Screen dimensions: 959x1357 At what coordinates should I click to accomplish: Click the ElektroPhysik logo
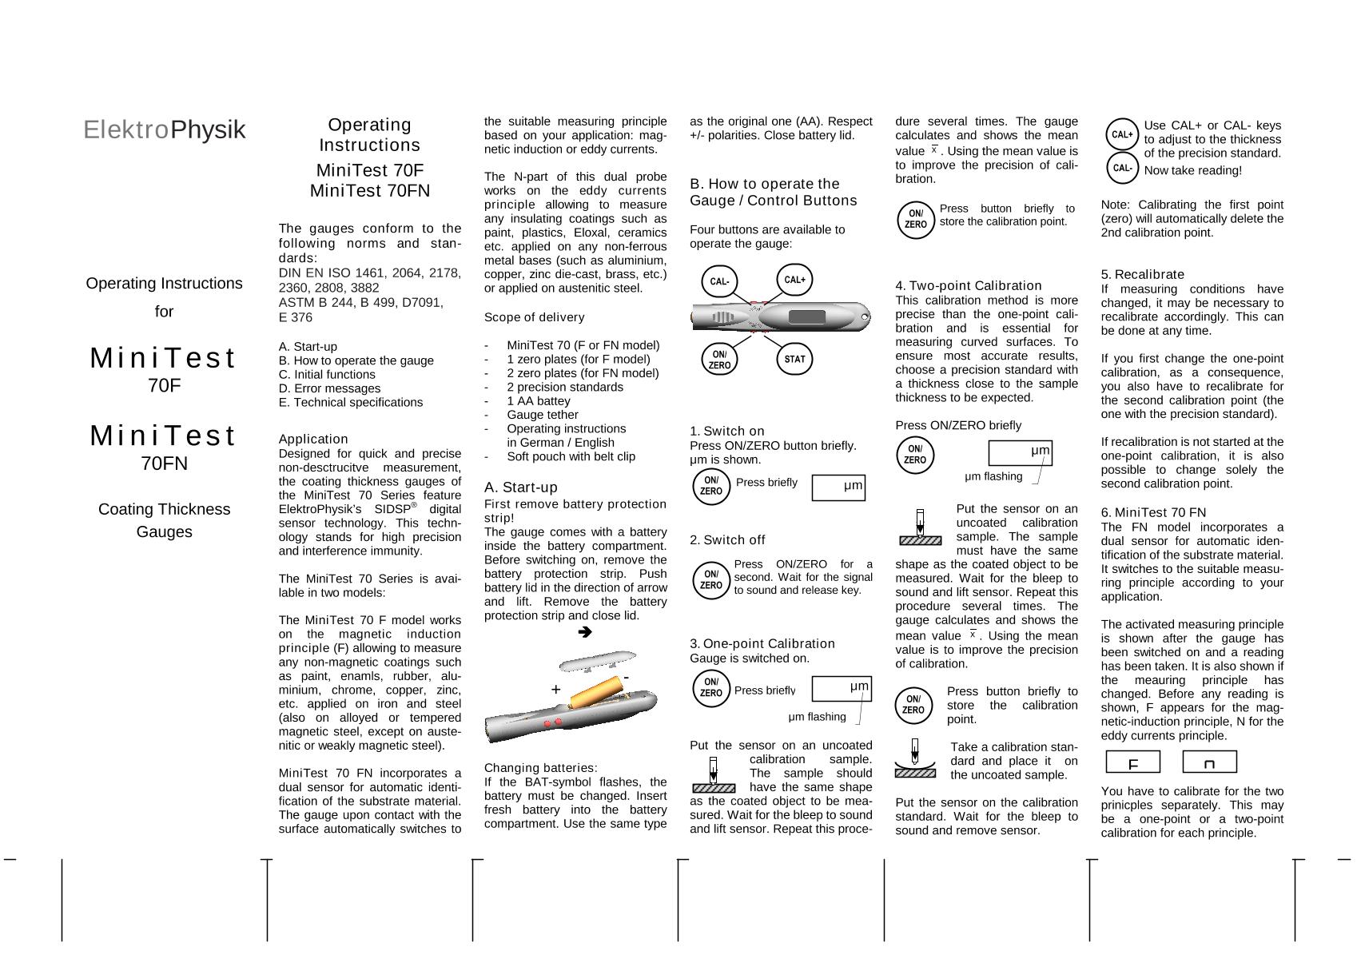tap(164, 129)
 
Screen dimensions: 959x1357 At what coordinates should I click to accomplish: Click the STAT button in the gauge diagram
tap(794, 359)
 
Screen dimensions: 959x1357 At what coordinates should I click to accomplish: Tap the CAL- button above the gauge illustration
tap(719, 281)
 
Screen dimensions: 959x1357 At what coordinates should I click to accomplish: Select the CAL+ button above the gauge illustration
tap(794, 280)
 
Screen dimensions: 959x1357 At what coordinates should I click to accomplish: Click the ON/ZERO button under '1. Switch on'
tap(710, 486)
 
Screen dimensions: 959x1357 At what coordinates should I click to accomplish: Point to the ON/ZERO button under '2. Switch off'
tap(710, 579)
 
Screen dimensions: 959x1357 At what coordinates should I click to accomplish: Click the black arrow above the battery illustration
tap(584, 632)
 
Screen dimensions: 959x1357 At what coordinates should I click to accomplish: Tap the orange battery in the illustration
tap(595, 692)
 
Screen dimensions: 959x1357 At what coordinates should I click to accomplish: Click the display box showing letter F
tap(1132, 762)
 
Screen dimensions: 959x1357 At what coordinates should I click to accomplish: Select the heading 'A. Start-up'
tap(521, 487)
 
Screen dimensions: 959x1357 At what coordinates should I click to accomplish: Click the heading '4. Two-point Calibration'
tap(969, 285)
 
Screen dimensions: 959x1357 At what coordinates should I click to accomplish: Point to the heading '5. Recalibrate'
tap(1143, 274)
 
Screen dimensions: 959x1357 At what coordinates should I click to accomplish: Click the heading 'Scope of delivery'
tap(534, 317)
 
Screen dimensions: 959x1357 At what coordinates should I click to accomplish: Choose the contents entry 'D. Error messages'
tap(329, 388)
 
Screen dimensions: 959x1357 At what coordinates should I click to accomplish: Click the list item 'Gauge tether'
tap(542, 415)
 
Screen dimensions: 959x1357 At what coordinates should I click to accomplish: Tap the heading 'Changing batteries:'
tap(541, 767)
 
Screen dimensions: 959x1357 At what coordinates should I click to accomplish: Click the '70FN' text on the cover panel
tap(164, 464)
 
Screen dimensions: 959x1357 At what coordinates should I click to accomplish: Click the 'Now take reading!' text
tap(1192, 170)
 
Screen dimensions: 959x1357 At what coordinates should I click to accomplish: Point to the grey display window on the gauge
tap(806, 316)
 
